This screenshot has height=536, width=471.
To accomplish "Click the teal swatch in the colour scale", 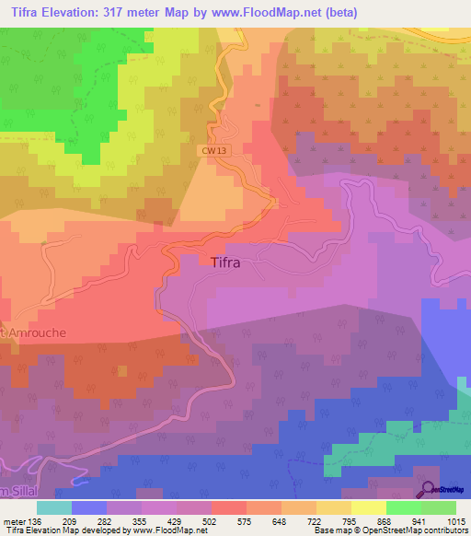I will (x=54, y=507).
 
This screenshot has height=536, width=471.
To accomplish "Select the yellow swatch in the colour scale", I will (x=368, y=507).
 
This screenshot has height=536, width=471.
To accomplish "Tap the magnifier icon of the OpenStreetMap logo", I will (x=428, y=489).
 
